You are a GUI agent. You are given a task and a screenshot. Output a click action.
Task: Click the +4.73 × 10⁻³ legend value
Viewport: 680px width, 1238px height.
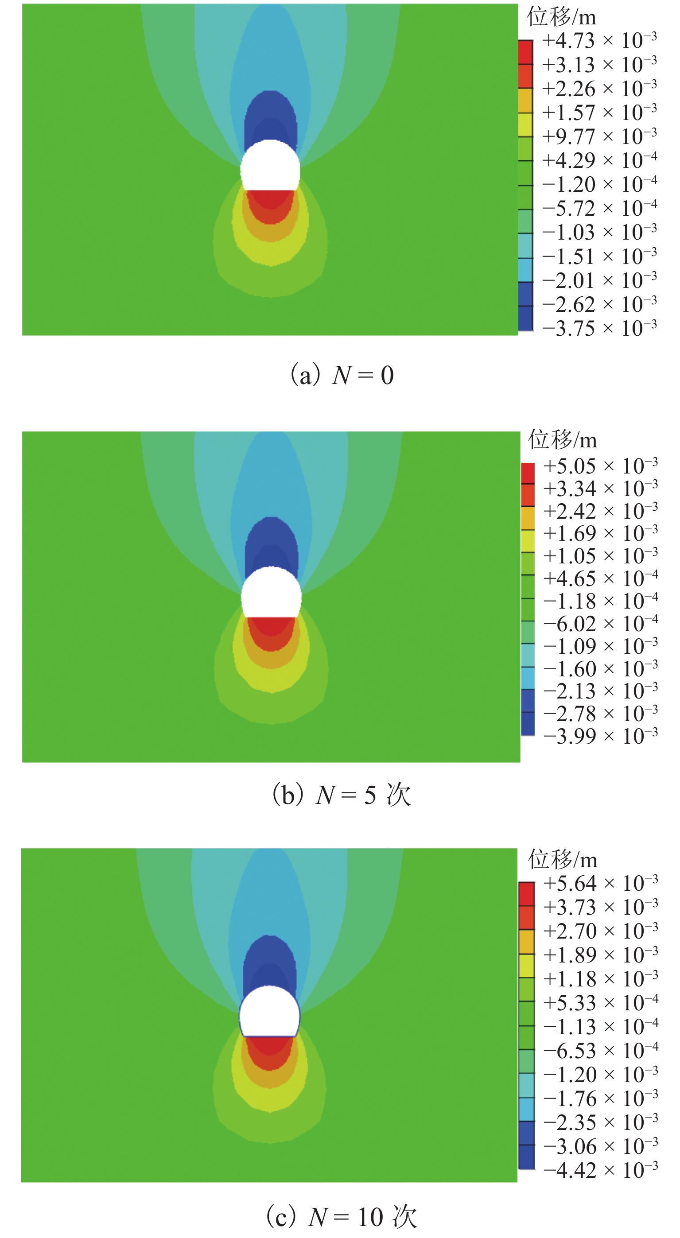click(599, 40)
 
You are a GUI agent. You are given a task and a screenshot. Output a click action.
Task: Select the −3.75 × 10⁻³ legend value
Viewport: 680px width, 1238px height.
click(599, 329)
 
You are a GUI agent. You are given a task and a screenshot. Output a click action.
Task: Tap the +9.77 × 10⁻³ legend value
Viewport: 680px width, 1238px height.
click(599, 136)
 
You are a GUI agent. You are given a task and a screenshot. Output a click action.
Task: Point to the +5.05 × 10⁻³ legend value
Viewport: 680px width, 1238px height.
click(600, 466)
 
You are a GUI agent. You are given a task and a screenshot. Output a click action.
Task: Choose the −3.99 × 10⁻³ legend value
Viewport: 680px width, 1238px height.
click(600, 736)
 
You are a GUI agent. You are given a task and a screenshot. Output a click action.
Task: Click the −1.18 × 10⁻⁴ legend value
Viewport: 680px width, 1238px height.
click(600, 601)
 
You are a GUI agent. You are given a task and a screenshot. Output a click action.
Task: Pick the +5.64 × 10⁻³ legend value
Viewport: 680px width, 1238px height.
click(600, 883)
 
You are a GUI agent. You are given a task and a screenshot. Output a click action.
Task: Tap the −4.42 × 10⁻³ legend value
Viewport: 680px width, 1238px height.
click(600, 1170)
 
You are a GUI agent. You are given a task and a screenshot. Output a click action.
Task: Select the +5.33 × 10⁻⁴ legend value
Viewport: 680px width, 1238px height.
click(600, 1002)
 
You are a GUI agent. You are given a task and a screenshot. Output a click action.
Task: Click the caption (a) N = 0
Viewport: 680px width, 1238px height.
click(342, 375)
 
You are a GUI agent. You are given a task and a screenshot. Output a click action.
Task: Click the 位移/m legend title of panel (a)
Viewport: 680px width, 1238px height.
click(561, 17)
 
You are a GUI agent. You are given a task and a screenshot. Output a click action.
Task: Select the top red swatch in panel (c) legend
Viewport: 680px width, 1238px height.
click(527, 894)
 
